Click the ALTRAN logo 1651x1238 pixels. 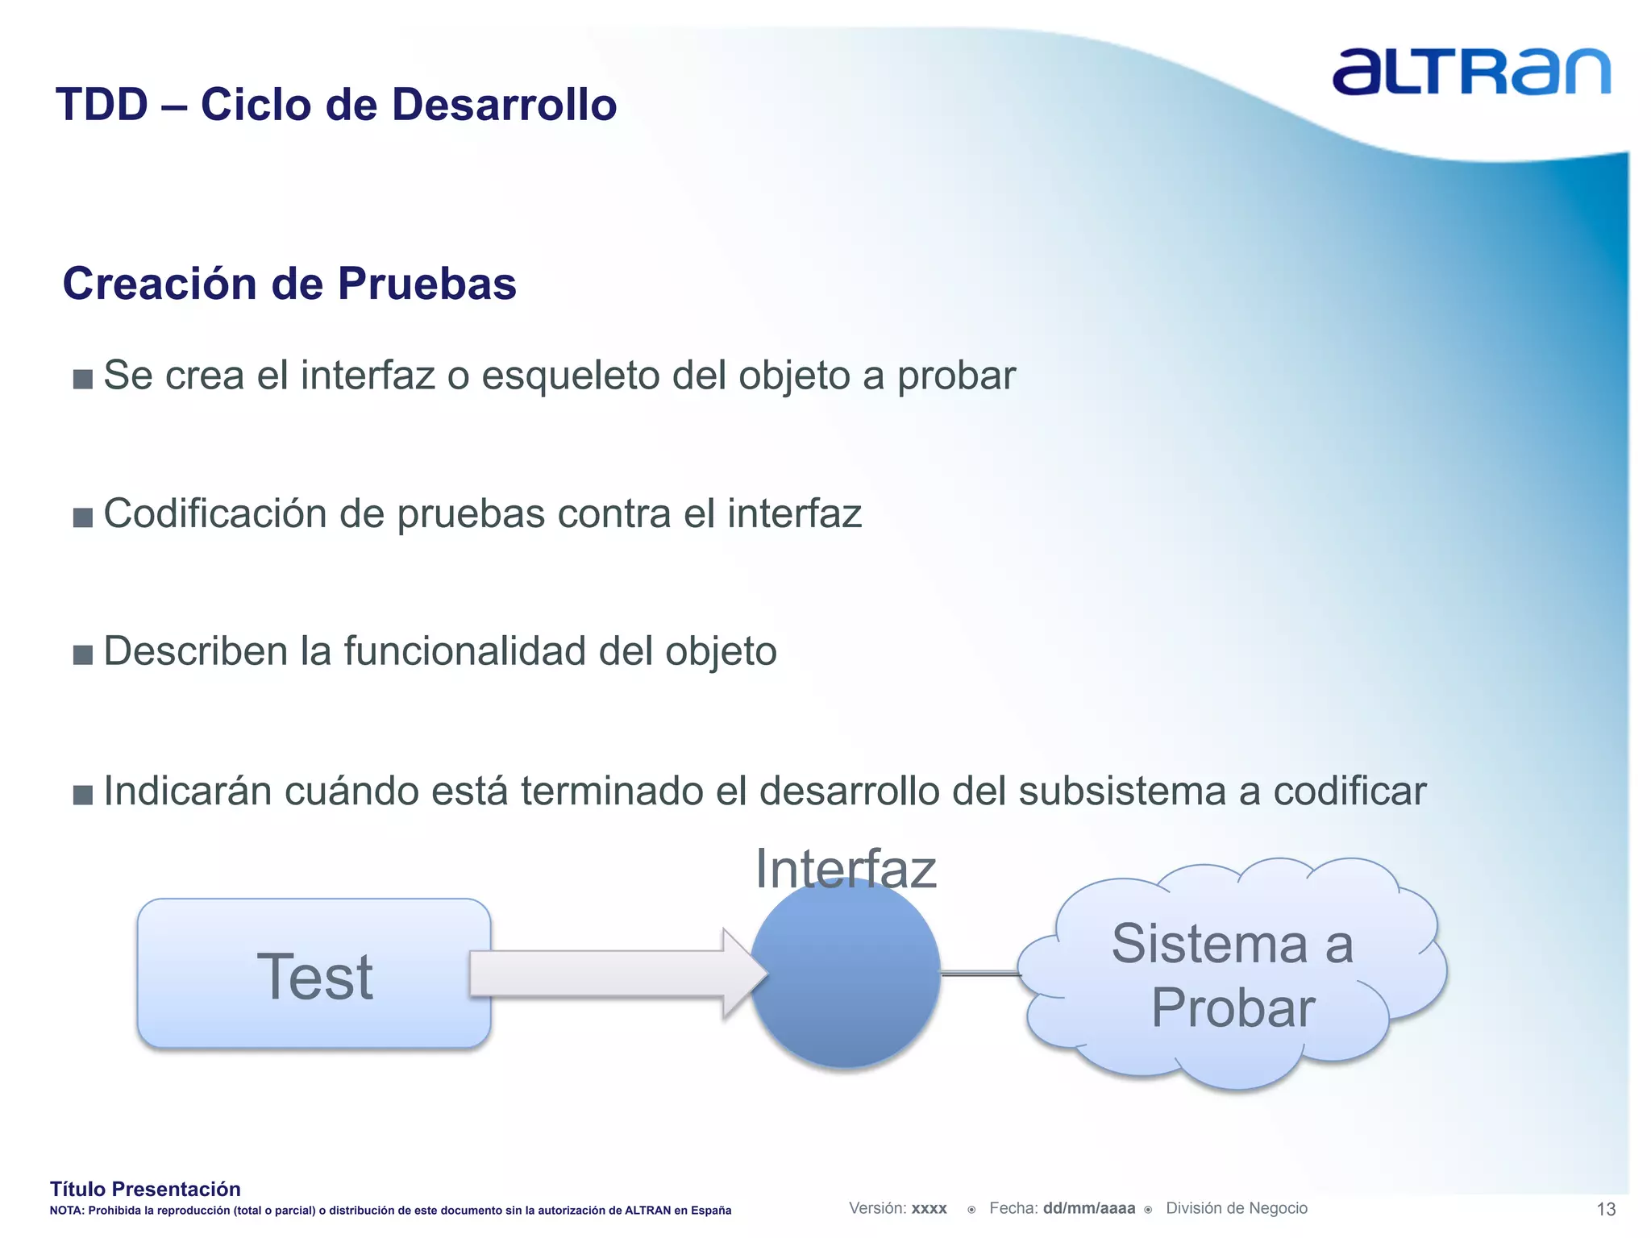(1470, 72)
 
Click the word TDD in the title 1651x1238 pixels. (102, 105)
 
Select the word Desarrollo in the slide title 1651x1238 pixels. (504, 105)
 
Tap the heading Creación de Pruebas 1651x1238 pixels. (289, 284)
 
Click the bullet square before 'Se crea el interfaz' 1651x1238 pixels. (83, 379)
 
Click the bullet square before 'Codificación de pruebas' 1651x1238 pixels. (83, 517)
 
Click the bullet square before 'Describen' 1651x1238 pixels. (83, 654)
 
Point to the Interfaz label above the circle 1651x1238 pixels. (846, 870)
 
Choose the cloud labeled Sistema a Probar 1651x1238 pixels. (1233, 975)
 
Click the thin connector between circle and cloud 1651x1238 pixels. (980, 974)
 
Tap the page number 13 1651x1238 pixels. (1606, 1209)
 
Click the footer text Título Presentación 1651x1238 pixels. (145, 1189)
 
